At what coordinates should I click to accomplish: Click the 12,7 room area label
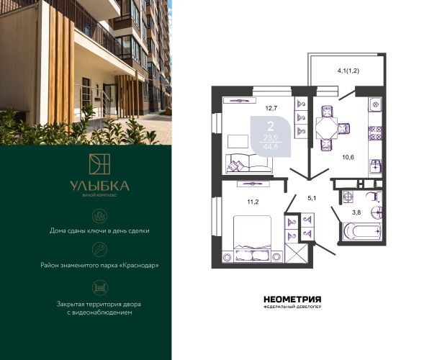271,108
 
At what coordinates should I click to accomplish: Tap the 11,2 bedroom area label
253,202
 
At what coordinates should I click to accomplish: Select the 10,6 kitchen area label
348,158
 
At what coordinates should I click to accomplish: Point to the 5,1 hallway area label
312,198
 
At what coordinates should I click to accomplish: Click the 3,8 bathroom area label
356,212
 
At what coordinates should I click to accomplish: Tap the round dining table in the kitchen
326,128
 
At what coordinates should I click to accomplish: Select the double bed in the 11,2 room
253,238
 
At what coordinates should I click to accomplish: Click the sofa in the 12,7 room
249,163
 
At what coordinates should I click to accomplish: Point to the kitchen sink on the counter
375,166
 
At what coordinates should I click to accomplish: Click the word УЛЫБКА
99,186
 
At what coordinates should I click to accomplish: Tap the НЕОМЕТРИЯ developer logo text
292,300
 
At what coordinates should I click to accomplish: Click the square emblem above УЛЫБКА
99,164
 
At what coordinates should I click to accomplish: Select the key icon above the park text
100,250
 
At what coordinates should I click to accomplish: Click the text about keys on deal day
99,230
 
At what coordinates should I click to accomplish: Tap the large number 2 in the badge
271,127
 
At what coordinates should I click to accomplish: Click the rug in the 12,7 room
238,141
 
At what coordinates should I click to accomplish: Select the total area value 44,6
271,146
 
